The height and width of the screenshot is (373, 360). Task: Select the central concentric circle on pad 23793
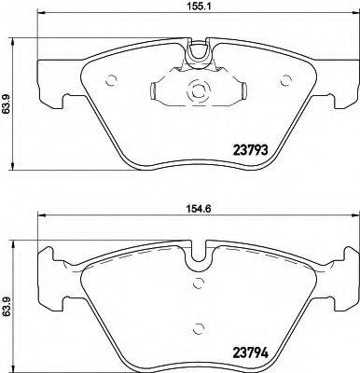point(196,93)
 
